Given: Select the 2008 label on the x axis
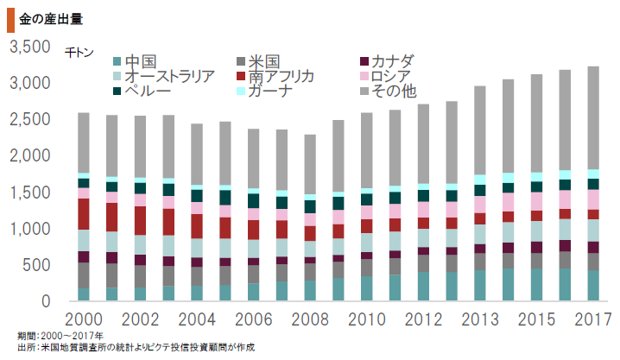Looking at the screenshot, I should pos(310,320).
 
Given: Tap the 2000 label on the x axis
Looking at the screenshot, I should pos(84,320).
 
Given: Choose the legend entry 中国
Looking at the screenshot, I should pos(139,61).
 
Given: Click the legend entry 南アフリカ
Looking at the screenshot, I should pos(281,76).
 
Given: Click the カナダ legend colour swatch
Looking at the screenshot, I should pos(364,61).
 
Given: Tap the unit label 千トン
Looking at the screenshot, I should pos(79,53).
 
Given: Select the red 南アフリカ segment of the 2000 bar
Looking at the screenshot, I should pos(84,213).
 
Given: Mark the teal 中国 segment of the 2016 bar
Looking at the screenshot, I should pos(566,285).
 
